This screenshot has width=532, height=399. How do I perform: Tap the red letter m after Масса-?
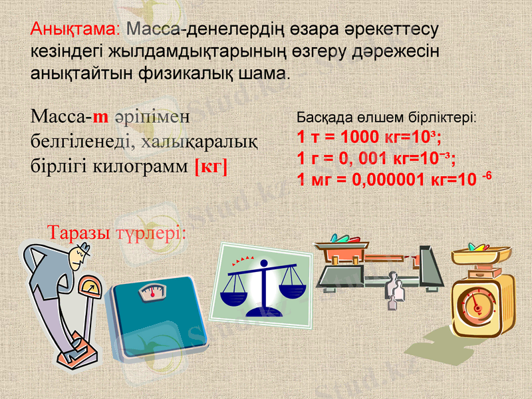100,117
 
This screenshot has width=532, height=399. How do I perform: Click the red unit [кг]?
211,166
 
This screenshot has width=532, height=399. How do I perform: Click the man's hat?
80,251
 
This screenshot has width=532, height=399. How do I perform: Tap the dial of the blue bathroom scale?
151,291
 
